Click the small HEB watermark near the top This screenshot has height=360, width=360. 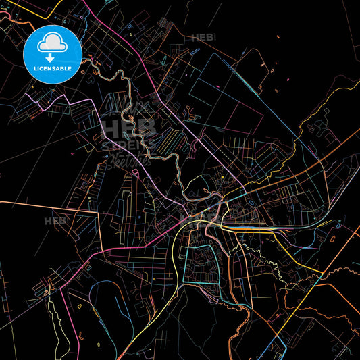(201, 38)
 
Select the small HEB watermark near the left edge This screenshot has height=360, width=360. (54, 221)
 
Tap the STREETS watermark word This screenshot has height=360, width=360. (128, 145)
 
